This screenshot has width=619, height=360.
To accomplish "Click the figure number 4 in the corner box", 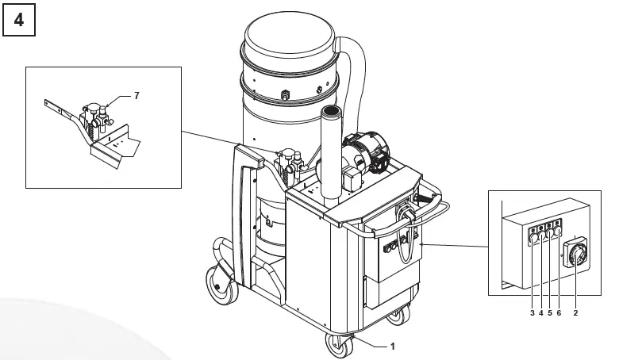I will (19, 21).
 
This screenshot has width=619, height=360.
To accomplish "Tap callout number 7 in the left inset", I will (136, 95).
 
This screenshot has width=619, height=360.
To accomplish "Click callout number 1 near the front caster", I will (391, 346).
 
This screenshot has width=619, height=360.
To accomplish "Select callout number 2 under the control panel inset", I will (575, 312).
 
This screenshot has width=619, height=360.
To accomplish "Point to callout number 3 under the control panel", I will (532, 312).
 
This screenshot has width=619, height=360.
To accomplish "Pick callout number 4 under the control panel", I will (540, 312).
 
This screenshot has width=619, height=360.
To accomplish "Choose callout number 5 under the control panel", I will (549, 312).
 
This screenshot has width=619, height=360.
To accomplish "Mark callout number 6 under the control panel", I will (559, 312).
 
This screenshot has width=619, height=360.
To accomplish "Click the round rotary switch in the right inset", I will (575, 256).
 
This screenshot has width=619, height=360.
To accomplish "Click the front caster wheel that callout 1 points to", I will (340, 347).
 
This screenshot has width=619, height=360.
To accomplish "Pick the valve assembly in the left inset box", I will (97, 117).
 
